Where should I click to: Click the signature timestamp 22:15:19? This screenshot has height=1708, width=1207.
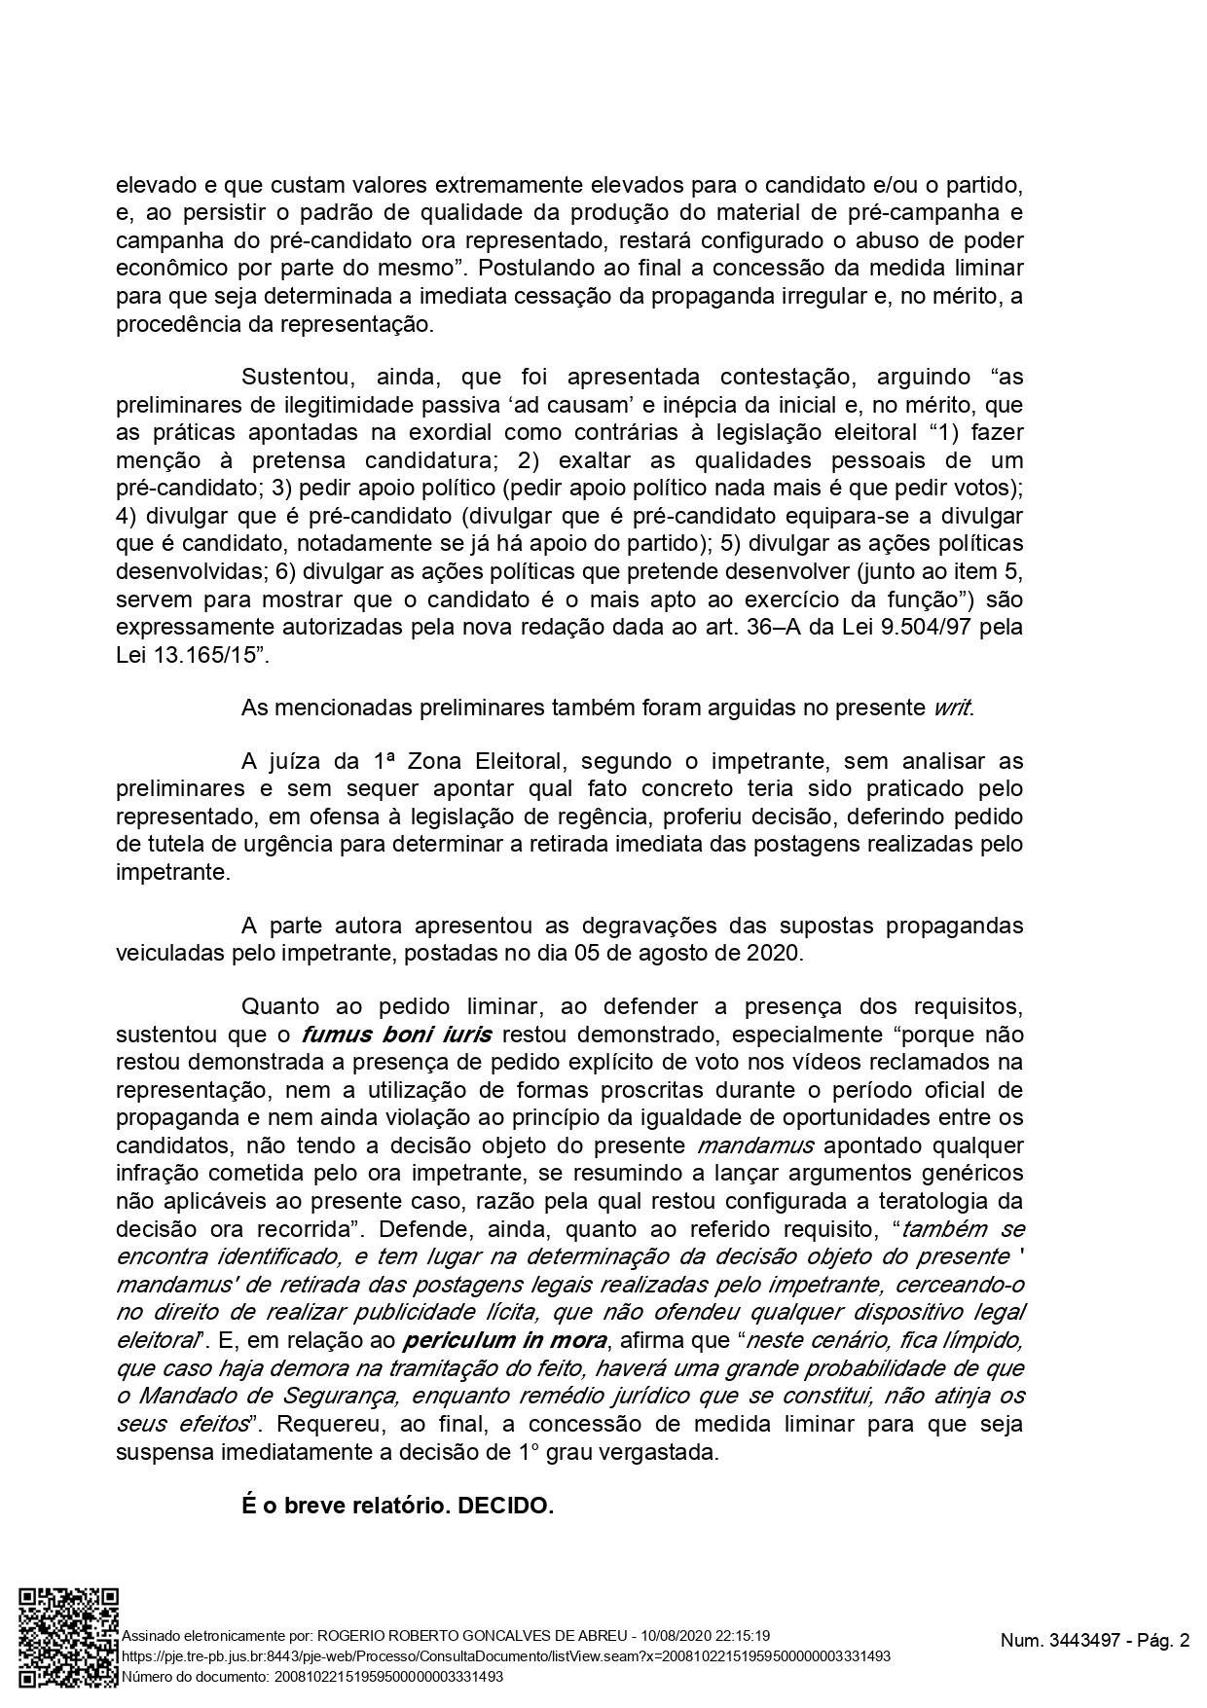737,1635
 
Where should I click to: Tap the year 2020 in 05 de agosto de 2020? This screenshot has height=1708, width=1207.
773,952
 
